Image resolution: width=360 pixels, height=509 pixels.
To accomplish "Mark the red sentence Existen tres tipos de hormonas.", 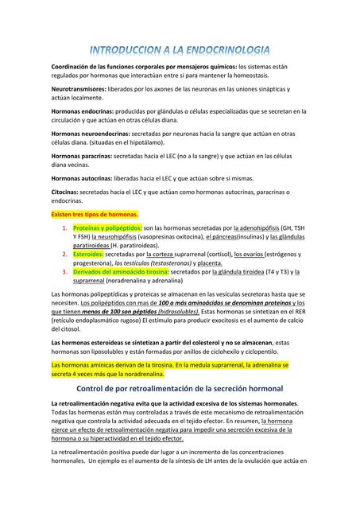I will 95,214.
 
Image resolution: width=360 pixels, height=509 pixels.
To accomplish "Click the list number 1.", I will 65,228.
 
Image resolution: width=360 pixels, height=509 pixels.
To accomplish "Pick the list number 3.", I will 65,272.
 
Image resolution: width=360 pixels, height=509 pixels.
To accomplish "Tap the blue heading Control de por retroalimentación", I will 180,388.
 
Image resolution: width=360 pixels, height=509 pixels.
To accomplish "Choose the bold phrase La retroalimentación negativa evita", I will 107,404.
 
